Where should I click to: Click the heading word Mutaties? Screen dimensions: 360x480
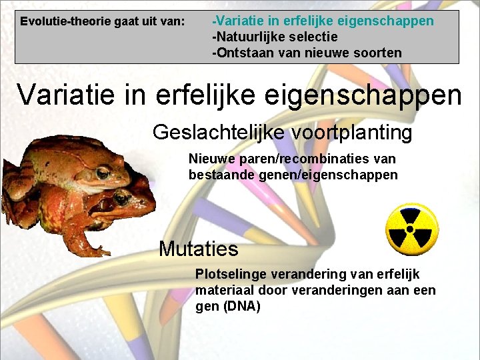coord(198,249)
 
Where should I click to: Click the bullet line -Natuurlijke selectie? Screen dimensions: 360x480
coord(275,37)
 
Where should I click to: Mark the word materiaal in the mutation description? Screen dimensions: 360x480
coord(221,291)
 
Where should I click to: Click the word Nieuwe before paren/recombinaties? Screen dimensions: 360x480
coord(208,159)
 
